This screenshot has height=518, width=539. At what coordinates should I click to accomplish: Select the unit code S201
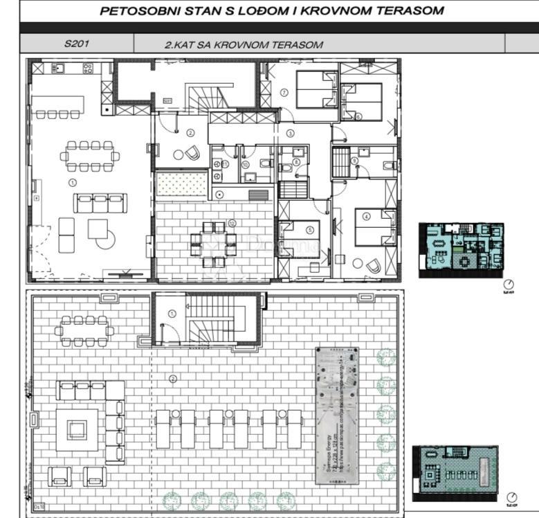click(x=77, y=44)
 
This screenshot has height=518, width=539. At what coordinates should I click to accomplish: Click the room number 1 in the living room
click(x=73, y=182)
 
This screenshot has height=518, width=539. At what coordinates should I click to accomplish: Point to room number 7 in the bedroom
click(x=284, y=92)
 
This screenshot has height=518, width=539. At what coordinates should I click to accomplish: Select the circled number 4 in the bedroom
click(x=366, y=215)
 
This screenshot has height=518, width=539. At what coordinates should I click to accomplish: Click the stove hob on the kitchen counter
click(x=89, y=68)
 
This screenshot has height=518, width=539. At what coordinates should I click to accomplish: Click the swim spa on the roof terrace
click(x=337, y=416)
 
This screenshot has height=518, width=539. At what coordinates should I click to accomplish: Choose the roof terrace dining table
click(x=84, y=330)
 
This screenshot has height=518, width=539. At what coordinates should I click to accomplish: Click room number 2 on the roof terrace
click(x=172, y=378)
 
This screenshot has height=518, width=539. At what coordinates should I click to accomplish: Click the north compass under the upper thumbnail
click(x=509, y=284)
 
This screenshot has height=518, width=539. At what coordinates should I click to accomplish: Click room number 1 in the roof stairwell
click(x=172, y=313)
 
